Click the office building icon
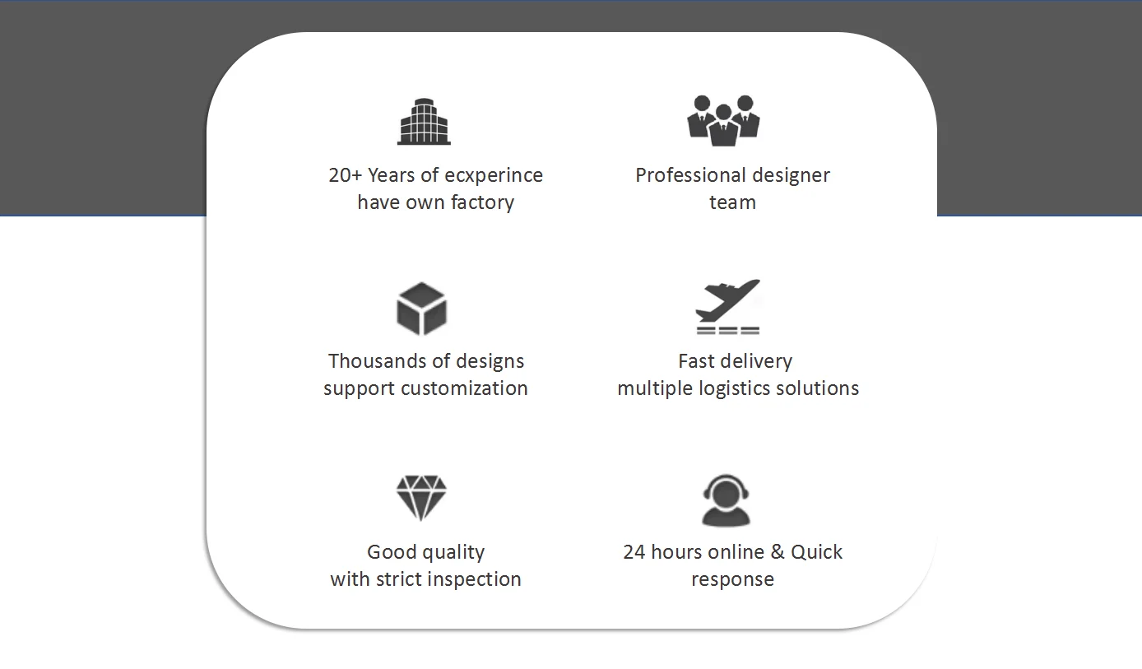[x=424, y=122]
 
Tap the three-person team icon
[x=723, y=120]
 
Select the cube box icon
[x=421, y=309]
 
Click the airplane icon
[x=727, y=306]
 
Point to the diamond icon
[x=421, y=497]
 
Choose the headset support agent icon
[x=726, y=499]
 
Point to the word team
[x=732, y=202]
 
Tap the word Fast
[x=695, y=361]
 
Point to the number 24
[x=634, y=552]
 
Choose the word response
[x=732, y=579]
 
